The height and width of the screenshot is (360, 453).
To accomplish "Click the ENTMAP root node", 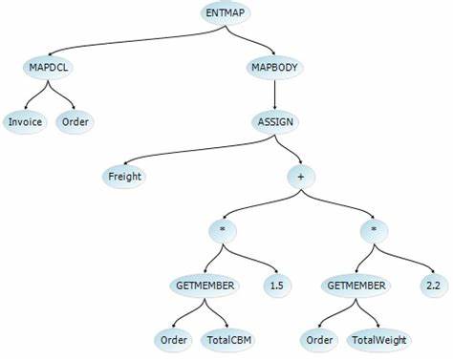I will [226, 13].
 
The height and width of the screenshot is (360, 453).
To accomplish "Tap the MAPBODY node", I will [275, 69].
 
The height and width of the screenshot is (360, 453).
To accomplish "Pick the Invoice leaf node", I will [23, 122].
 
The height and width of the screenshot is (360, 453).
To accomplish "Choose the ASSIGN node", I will [275, 122].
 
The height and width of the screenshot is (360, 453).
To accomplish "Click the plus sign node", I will [302, 176].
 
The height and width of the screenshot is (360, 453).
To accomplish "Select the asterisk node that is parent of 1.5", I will [222, 231].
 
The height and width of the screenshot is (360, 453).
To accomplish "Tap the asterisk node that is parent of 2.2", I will [379, 231].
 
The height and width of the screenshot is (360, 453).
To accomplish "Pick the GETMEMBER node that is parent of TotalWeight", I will [356, 285].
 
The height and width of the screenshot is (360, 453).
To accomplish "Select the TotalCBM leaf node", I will [226, 339].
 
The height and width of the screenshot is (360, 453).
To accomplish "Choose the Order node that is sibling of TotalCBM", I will [173, 339].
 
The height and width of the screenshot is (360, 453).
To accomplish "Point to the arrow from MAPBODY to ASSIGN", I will [275, 95].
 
